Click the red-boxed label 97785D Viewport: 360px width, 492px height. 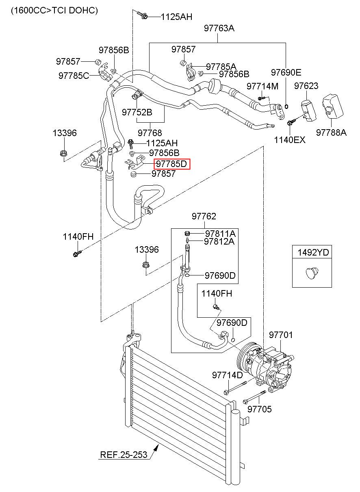click(x=171, y=164)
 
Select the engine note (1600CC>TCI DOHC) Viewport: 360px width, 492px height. click(x=54, y=10)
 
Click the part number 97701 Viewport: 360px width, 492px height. click(x=281, y=335)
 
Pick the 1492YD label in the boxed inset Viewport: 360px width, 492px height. click(x=313, y=252)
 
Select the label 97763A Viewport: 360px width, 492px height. click(x=219, y=28)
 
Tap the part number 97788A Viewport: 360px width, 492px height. click(x=331, y=132)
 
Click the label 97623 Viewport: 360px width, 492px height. click(x=306, y=86)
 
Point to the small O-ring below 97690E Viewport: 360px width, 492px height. click(x=286, y=106)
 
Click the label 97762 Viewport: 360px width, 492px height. click(x=204, y=216)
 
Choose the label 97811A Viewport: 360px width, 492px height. click(x=220, y=234)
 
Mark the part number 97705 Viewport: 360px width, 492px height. click(x=259, y=409)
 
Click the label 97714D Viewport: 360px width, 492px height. click(x=227, y=375)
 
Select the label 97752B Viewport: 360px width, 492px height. click(x=137, y=112)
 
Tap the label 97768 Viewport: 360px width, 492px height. click(x=150, y=133)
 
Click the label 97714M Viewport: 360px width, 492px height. click(x=262, y=86)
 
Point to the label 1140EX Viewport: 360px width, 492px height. click(x=290, y=140)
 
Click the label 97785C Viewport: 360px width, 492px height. click(x=74, y=76)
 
